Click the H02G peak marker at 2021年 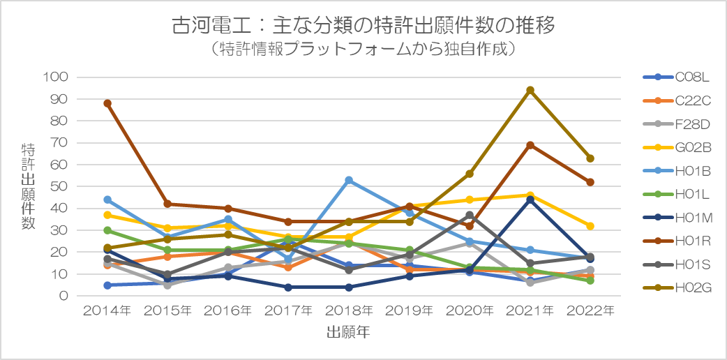pyautogui.click(x=530, y=90)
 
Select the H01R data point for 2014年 pyautogui.click(x=107, y=103)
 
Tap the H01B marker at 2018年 pyautogui.click(x=349, y=180)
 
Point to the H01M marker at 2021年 pyautogui.click(x=530, y=200)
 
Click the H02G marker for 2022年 pyautogui.click(x=590, y=158)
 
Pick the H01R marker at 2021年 pyautogui.click(x=530, y=145)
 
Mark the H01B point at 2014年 pyautogui.click(x=107, y=200)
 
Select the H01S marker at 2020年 pyautogui.click(x=470, y=215)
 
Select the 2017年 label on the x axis pyautogui.click(x=288, y=311)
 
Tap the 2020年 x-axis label pyautogui.click(x=470, y=311)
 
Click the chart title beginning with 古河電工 pyautogui.click(x=363, y=26)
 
